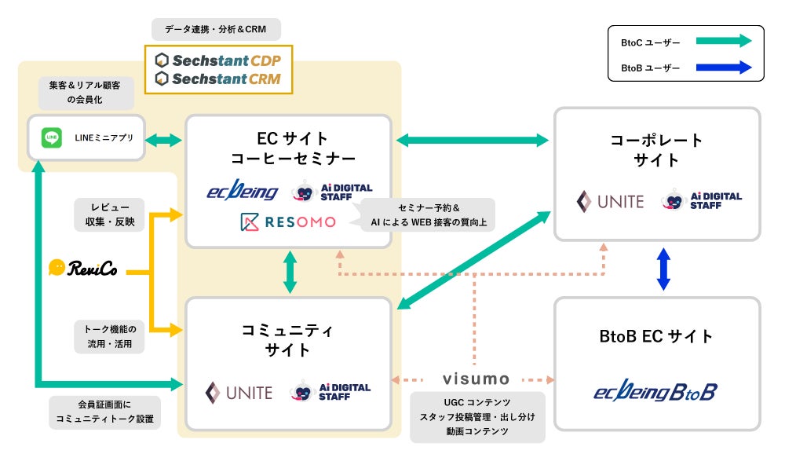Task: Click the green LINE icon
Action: click(52, 138)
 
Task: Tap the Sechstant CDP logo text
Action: click(218, 60)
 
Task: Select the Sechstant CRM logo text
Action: click(218, 79)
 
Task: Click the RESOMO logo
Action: click(287, 222)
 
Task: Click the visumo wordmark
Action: click(476, 379)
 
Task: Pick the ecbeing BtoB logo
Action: click(655, 391)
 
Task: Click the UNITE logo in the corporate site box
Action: click(610, 201)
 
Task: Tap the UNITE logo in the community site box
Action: click(239, 392)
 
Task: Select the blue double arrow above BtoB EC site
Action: click(664, 269)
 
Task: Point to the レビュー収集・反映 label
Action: click(109, 214)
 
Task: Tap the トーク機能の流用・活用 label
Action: click(109, 336)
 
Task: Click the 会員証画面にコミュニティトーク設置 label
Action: click(105, 412)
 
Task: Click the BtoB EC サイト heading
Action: click(656, 337)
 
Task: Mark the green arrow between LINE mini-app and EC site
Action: click(165, 141)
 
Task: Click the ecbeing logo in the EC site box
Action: click(243, 191)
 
